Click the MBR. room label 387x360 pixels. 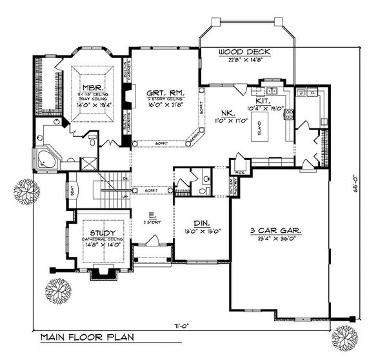click(88, 85)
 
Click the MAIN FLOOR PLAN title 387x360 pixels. click(82, 337)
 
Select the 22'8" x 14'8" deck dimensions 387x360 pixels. click(244, 59)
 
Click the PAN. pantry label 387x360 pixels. click(239, 172)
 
